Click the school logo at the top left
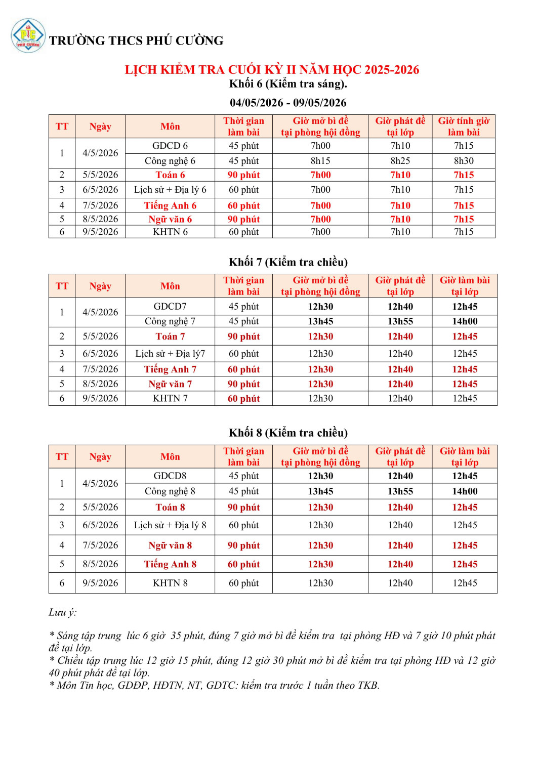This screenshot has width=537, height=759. (28, 36)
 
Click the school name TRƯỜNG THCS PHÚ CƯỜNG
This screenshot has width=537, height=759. (136, 40)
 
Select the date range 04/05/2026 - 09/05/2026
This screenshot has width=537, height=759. (288, 103)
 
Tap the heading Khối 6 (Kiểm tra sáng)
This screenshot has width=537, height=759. (288, 83)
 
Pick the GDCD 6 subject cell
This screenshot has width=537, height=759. (170, 146)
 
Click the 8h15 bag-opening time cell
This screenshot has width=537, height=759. (320, 161)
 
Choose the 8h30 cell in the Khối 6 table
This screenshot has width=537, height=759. (464, 161)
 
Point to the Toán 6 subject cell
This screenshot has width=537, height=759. (170, 175)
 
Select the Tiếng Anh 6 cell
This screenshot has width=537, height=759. (170, 205)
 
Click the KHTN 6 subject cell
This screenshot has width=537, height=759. (170, 232)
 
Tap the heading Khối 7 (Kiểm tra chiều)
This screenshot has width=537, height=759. (288, 262)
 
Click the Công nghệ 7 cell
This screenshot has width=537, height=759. (170, 321)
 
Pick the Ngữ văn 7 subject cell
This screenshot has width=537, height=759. (170, 384)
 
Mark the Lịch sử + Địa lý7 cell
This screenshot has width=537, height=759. (170, 354)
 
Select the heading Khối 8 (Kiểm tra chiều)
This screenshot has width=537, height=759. (288, 433)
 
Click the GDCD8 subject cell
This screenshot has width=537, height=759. (170, 476)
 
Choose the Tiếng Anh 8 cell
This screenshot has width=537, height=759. (170, 564)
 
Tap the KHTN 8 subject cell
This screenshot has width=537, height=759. (170, 583)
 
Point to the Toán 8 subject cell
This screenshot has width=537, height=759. (170, 508)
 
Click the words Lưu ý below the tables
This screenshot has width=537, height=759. (63, 612)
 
